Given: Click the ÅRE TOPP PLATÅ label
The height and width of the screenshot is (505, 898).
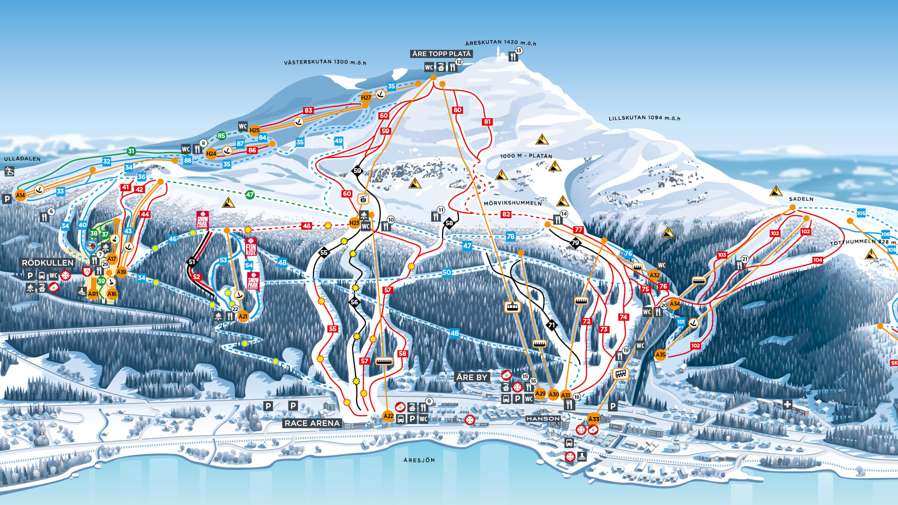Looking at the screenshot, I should pos(442,54).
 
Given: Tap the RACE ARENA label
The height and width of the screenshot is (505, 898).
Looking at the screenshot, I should pos(312,423).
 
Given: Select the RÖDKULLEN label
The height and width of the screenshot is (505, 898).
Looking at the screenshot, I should pos(48,263).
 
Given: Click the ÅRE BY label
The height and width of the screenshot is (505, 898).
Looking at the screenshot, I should pos(472,377).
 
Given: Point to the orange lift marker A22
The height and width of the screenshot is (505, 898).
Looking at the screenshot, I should pos(388,416).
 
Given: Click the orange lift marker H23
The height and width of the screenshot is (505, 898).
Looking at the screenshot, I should pos(355,223).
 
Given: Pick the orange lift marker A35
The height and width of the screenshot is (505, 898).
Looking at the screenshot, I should pos(660,355).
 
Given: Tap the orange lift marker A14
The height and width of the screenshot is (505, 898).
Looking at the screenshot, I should pos(20,195).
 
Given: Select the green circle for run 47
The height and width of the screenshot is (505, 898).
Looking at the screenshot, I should pos(250,195).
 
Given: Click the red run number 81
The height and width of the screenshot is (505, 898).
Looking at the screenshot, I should pos(487,122).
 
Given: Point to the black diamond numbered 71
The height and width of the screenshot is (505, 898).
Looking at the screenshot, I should pos(552,325).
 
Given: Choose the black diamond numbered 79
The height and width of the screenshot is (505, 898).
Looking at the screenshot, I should pos(575,243).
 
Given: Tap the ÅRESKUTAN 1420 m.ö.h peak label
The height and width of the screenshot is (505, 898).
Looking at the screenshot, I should pos(500,43).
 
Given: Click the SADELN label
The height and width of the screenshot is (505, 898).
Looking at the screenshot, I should pos(801,199).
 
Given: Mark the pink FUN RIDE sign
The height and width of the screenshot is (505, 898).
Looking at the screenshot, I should pos(251,247).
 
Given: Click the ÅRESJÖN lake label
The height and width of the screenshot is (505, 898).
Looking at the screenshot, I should pos(419,461).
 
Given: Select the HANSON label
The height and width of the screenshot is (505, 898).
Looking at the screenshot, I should pos(543,418).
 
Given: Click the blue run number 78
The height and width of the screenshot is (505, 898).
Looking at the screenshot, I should pos(511,237).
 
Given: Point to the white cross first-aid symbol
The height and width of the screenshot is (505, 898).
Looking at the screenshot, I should pos(788,404).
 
